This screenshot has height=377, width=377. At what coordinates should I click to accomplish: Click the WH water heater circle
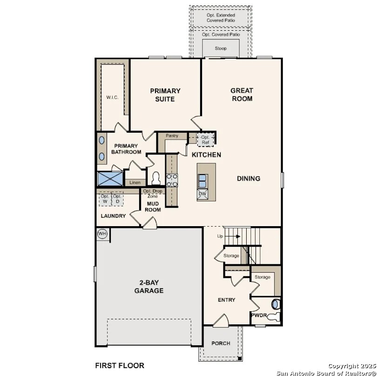(x=102, y=234)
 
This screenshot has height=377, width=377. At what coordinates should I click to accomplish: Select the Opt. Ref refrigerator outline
(x=205, y=140)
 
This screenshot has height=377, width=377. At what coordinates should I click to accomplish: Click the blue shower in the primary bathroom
(x=110, y=179)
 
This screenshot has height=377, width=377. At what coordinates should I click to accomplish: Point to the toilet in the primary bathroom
(x=156, y=178)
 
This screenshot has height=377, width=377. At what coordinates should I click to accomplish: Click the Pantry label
(x=172, y=136)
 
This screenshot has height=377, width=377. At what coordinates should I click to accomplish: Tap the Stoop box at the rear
(x=221, y=48)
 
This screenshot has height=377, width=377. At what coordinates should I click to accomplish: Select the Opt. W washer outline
(x=105, y=199)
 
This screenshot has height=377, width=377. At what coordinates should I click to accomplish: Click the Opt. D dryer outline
(x=117, y=199)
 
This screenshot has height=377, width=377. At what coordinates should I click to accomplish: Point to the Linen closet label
(x=135, y=182)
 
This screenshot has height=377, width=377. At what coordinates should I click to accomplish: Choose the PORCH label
(x=221, y=343)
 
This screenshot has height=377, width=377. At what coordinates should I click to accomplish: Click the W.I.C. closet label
(x=112, y=97)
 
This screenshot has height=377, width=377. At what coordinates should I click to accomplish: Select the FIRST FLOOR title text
(x=120, y=366)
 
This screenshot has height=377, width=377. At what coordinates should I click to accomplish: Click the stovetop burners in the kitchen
(x=172, y=180)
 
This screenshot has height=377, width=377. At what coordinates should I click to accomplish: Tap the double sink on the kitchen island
(x=202, y=181)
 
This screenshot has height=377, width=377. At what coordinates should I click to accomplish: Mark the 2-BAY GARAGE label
(x=149, y=287)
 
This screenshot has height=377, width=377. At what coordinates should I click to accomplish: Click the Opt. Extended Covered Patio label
(x=221, y=18)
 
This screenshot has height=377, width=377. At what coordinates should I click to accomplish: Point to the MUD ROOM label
(x=153, y=207)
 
